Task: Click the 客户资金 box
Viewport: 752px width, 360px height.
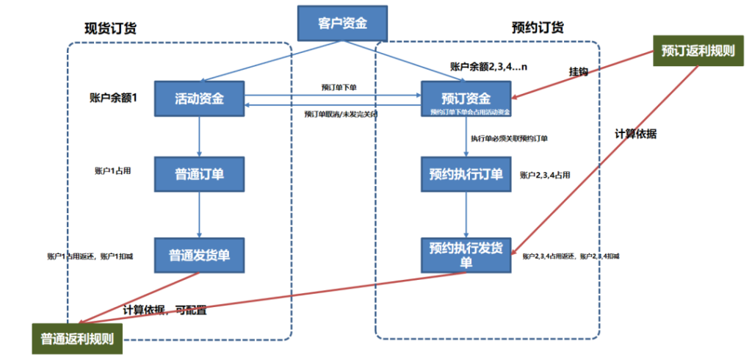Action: (341, 24)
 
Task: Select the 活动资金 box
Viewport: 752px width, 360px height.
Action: (199, 98)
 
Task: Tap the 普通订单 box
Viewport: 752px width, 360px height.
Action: (199, 174)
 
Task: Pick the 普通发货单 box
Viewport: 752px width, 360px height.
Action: (199, 255)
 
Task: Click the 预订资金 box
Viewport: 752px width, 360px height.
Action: (466, 98)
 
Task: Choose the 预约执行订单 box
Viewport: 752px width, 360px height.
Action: (466, 174)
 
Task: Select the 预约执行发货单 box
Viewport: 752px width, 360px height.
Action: (466, 254)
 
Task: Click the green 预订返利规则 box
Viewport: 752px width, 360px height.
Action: (698, 51)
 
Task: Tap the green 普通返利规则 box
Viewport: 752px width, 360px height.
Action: (77, 340)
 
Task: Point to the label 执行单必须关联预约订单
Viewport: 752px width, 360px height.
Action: (509, 138)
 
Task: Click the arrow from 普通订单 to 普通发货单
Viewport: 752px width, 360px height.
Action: (200, 214)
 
